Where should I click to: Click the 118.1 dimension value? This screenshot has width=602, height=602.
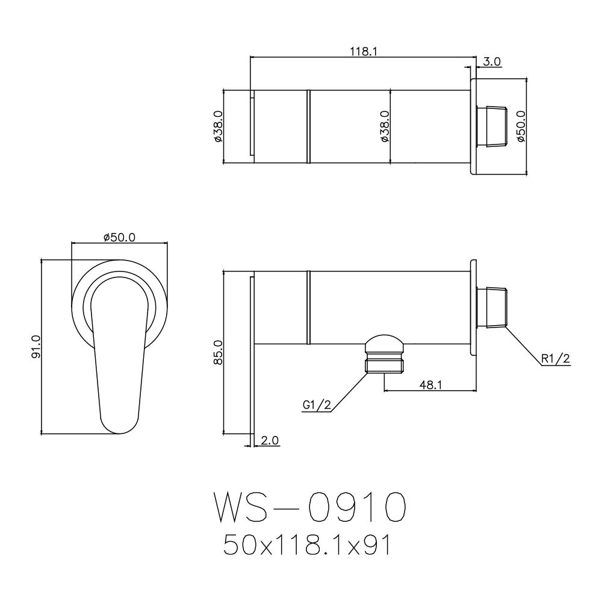363,52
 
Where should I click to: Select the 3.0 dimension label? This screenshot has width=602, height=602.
492,61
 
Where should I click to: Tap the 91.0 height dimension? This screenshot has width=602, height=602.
36,347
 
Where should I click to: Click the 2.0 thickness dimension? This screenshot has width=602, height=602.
270,441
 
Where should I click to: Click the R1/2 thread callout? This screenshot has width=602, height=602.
555,359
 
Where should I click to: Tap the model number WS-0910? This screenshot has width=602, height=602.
308,508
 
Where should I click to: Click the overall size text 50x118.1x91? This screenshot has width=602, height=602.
308,545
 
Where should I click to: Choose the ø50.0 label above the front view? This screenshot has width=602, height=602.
119,238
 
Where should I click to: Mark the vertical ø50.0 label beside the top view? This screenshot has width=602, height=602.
521,126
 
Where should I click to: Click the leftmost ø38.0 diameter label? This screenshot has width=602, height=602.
218,126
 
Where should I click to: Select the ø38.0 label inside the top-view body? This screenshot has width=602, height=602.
385,126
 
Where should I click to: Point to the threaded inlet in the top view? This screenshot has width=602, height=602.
494,126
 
